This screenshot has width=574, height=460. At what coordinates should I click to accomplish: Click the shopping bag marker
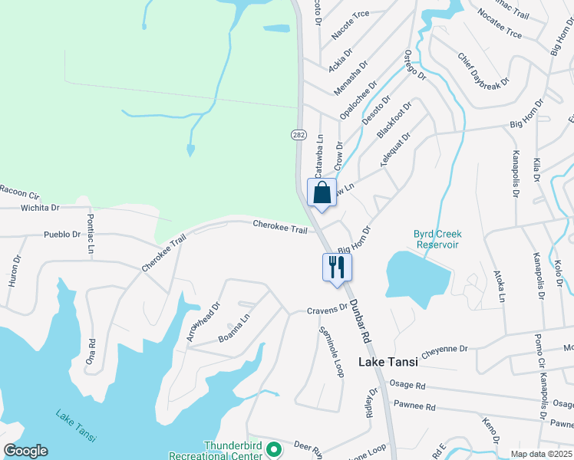[x=322, y=192]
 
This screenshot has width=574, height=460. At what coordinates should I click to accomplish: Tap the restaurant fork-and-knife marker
[x=337, y=268]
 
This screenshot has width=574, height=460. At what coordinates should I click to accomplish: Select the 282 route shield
[x=299, y=134]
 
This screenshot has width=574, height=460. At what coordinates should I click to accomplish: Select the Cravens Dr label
[x=328, y=310]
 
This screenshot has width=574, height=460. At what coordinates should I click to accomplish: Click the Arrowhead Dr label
[x=203, y=322]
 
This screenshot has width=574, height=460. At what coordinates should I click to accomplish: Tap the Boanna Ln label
[x=234, y=328]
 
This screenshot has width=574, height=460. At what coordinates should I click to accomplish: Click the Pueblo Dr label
[x=62, y=234]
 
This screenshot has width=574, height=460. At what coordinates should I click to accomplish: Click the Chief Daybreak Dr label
[x=483, y=70]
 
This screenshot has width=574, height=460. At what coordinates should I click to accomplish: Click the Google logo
[x=25, y=451]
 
